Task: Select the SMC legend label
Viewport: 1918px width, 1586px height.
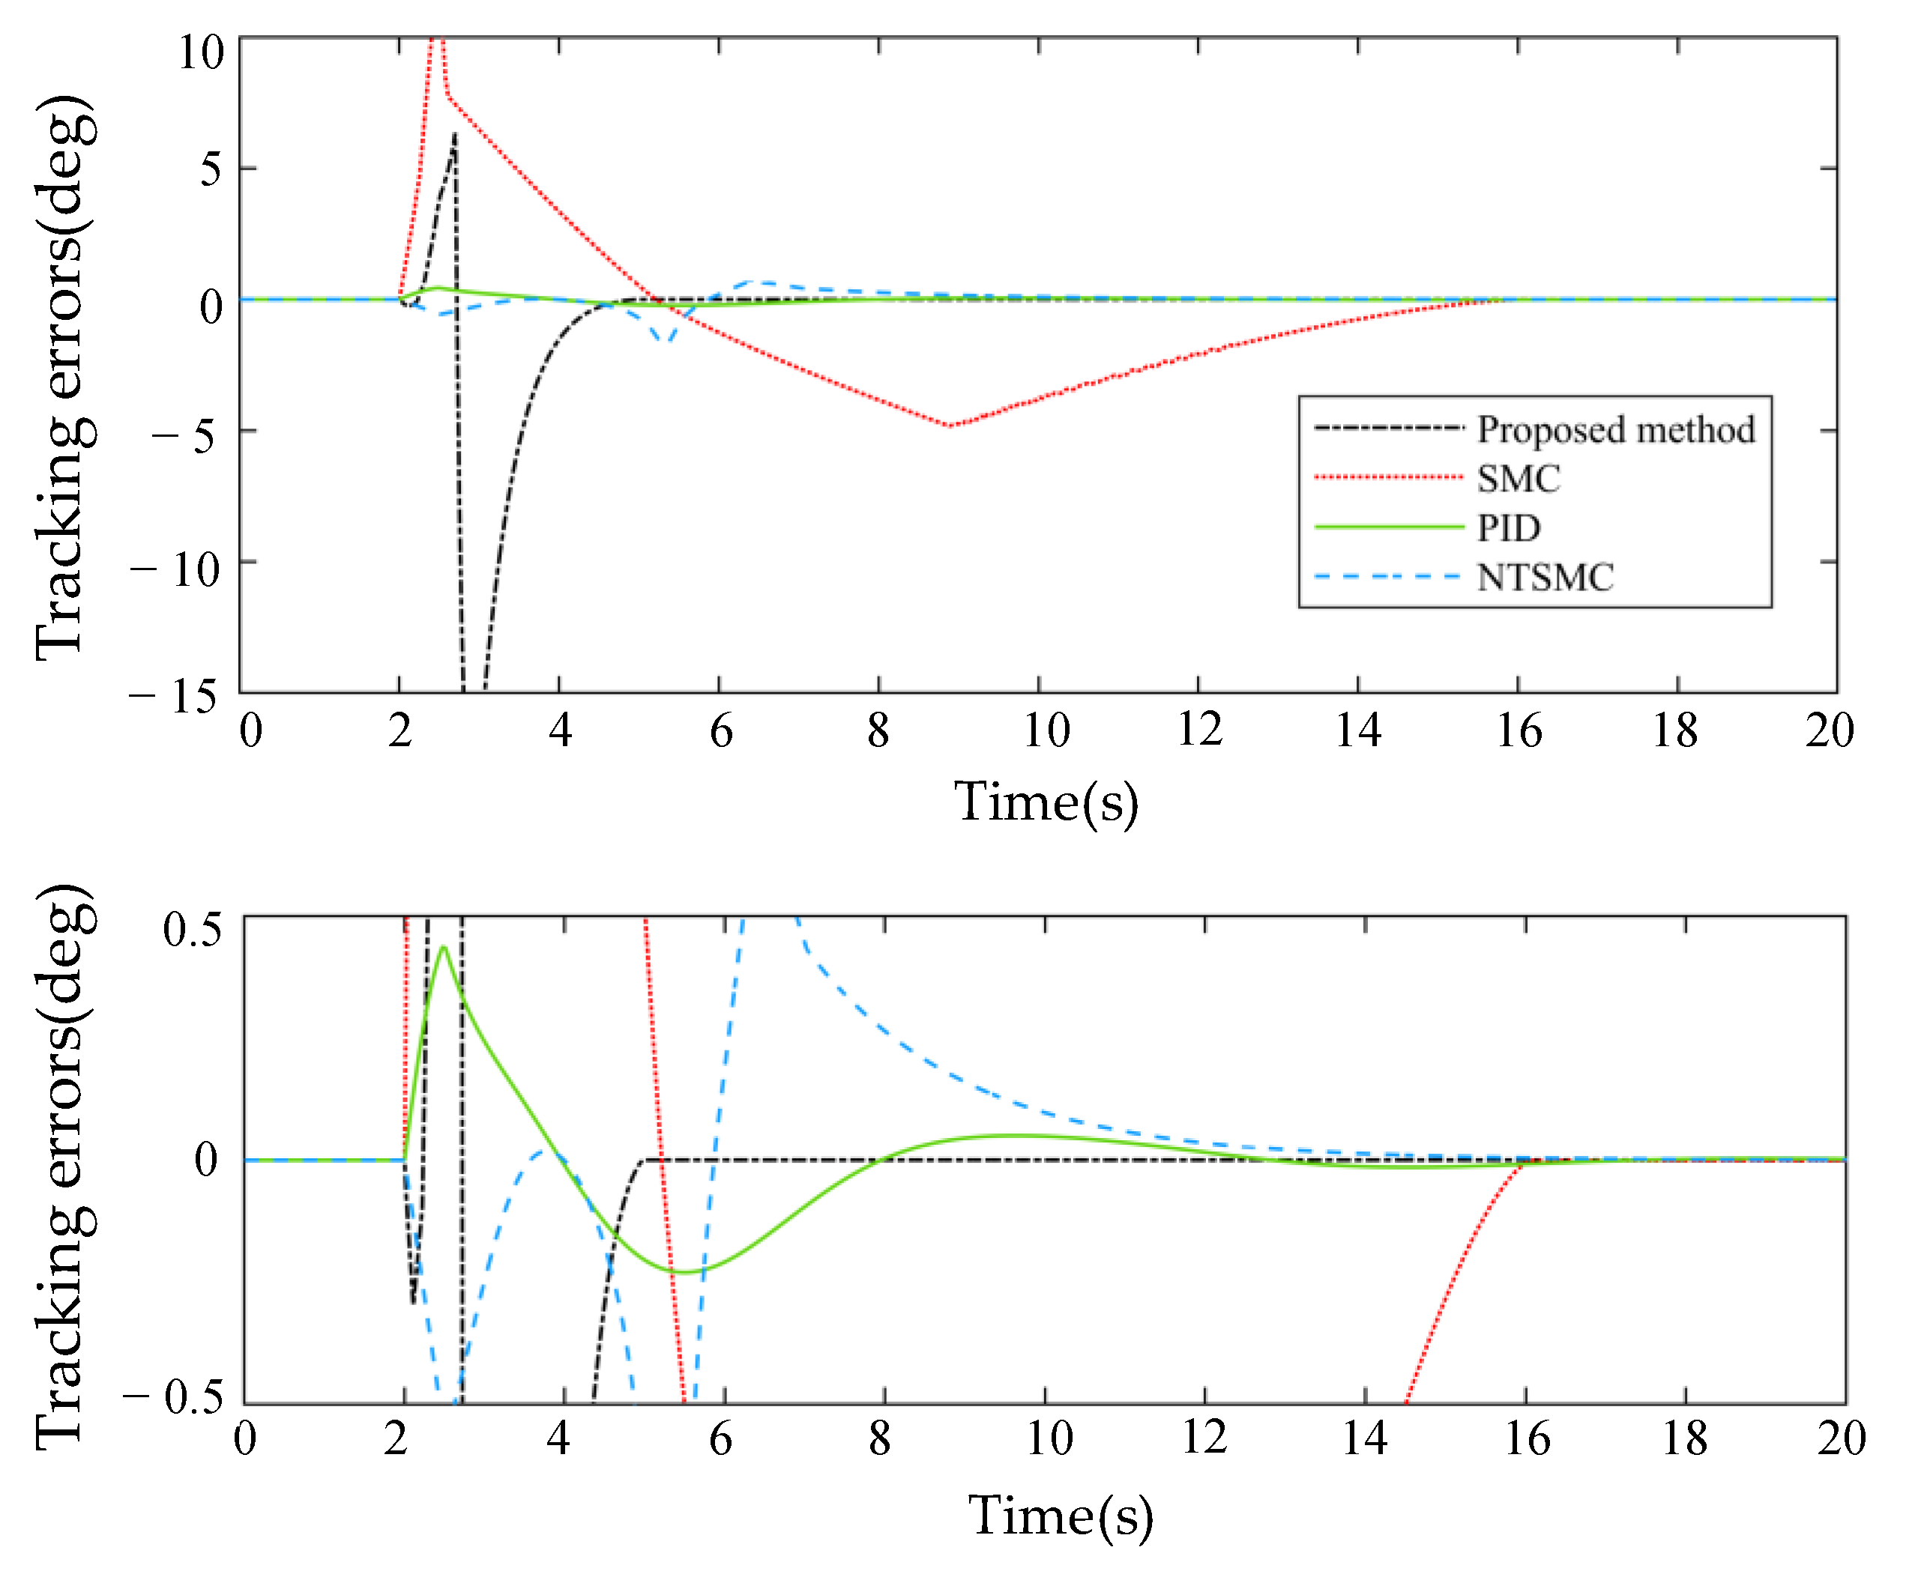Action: point(1518,479)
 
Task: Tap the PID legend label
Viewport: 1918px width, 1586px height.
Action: point(1509,527)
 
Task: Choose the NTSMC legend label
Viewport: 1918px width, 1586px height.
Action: point(1545,577)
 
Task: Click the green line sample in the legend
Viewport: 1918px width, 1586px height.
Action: point(1388,527)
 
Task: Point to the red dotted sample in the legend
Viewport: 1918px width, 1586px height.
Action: point(1388,476)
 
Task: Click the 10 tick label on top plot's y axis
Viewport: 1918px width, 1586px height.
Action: point(201,53)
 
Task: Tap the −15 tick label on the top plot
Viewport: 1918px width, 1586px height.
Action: point(174,697)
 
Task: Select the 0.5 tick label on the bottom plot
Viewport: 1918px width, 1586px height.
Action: point(192,930)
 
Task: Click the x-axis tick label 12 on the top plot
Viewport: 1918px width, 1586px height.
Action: point(1199,730)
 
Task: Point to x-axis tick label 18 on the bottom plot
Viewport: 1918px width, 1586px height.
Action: point(1683,1439)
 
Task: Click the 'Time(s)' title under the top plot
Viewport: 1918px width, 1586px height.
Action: point(1046,802)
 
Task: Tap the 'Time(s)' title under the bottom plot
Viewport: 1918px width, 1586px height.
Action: point(1061,1516)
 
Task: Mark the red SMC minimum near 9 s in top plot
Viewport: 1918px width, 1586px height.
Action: point(950,426)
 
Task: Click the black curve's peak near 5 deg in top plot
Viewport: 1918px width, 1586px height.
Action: point(454,135)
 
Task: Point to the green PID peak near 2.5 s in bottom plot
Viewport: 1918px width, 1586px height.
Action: point(444,947)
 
